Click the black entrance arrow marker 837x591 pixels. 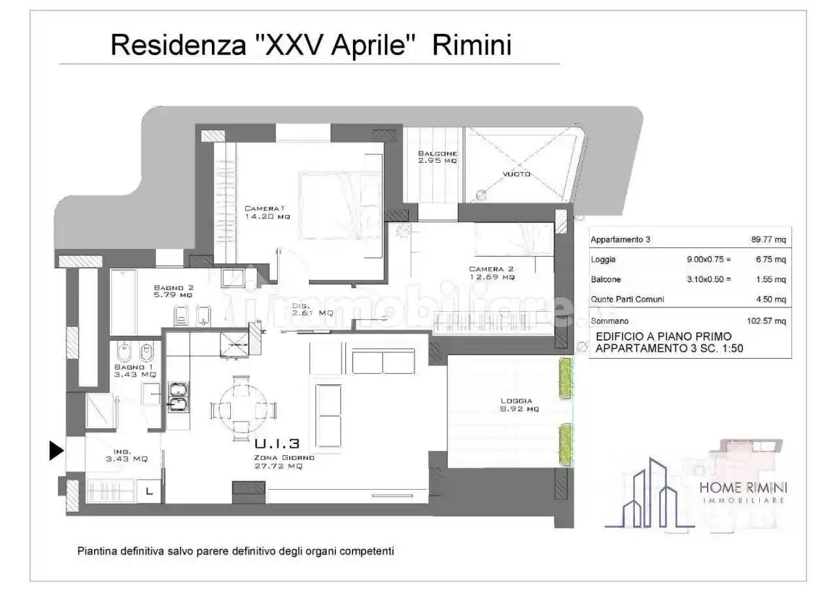click(x=57, y=450)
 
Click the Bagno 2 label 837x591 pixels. click(x=173, y=291)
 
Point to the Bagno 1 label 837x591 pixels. click(x=134, y=371)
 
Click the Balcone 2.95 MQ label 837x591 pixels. click(x=437, y=157)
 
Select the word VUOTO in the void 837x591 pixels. click(x=517, y=175)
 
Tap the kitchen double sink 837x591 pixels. click(x=177, y=398)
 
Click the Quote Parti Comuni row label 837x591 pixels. click(x=627, y=299)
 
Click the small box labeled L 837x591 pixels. click(x=150, y=490)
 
